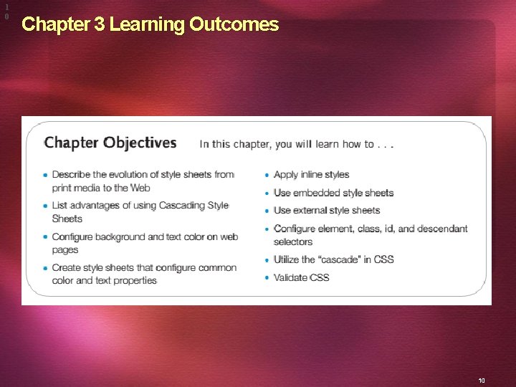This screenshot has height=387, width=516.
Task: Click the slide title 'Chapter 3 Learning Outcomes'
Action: pyautogui.click(x=150, y=25)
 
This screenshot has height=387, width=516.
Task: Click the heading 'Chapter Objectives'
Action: pyautogui.click(x=110, y=143)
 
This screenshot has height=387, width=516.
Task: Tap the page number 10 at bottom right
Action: pyautogui.click(x=482, y=381)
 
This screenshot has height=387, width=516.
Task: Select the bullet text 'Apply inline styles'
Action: pyautogui.click(x=311, y=174)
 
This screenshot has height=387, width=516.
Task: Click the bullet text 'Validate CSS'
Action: pyautogui.click(x=301, y=277)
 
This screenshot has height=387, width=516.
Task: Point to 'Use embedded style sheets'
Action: pyautogui.click(x=333, y=193)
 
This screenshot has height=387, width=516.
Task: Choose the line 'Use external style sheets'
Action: pyautogui.click(x=326, y=210)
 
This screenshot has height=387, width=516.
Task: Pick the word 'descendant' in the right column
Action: pyautogui.click(x=442, y=229)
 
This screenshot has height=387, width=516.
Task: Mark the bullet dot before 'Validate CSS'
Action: pyautogui.click(x=267, y=278)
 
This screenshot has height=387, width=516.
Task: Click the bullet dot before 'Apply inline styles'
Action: pyautogui.click(x=267, y=175)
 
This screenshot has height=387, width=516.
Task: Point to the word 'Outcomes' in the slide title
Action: pyautogui.click(x=234, y=25)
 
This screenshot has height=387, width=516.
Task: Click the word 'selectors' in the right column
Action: pyautogui.click(x=293, y=242)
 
